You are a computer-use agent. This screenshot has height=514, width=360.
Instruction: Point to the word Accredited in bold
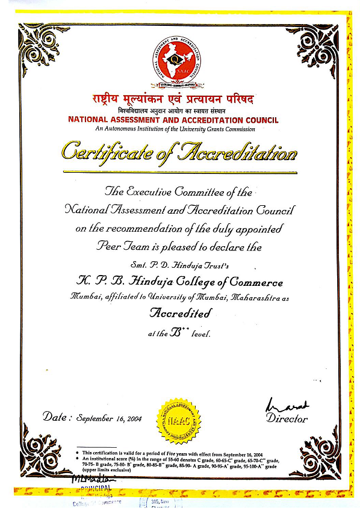[x=180, y=314]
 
